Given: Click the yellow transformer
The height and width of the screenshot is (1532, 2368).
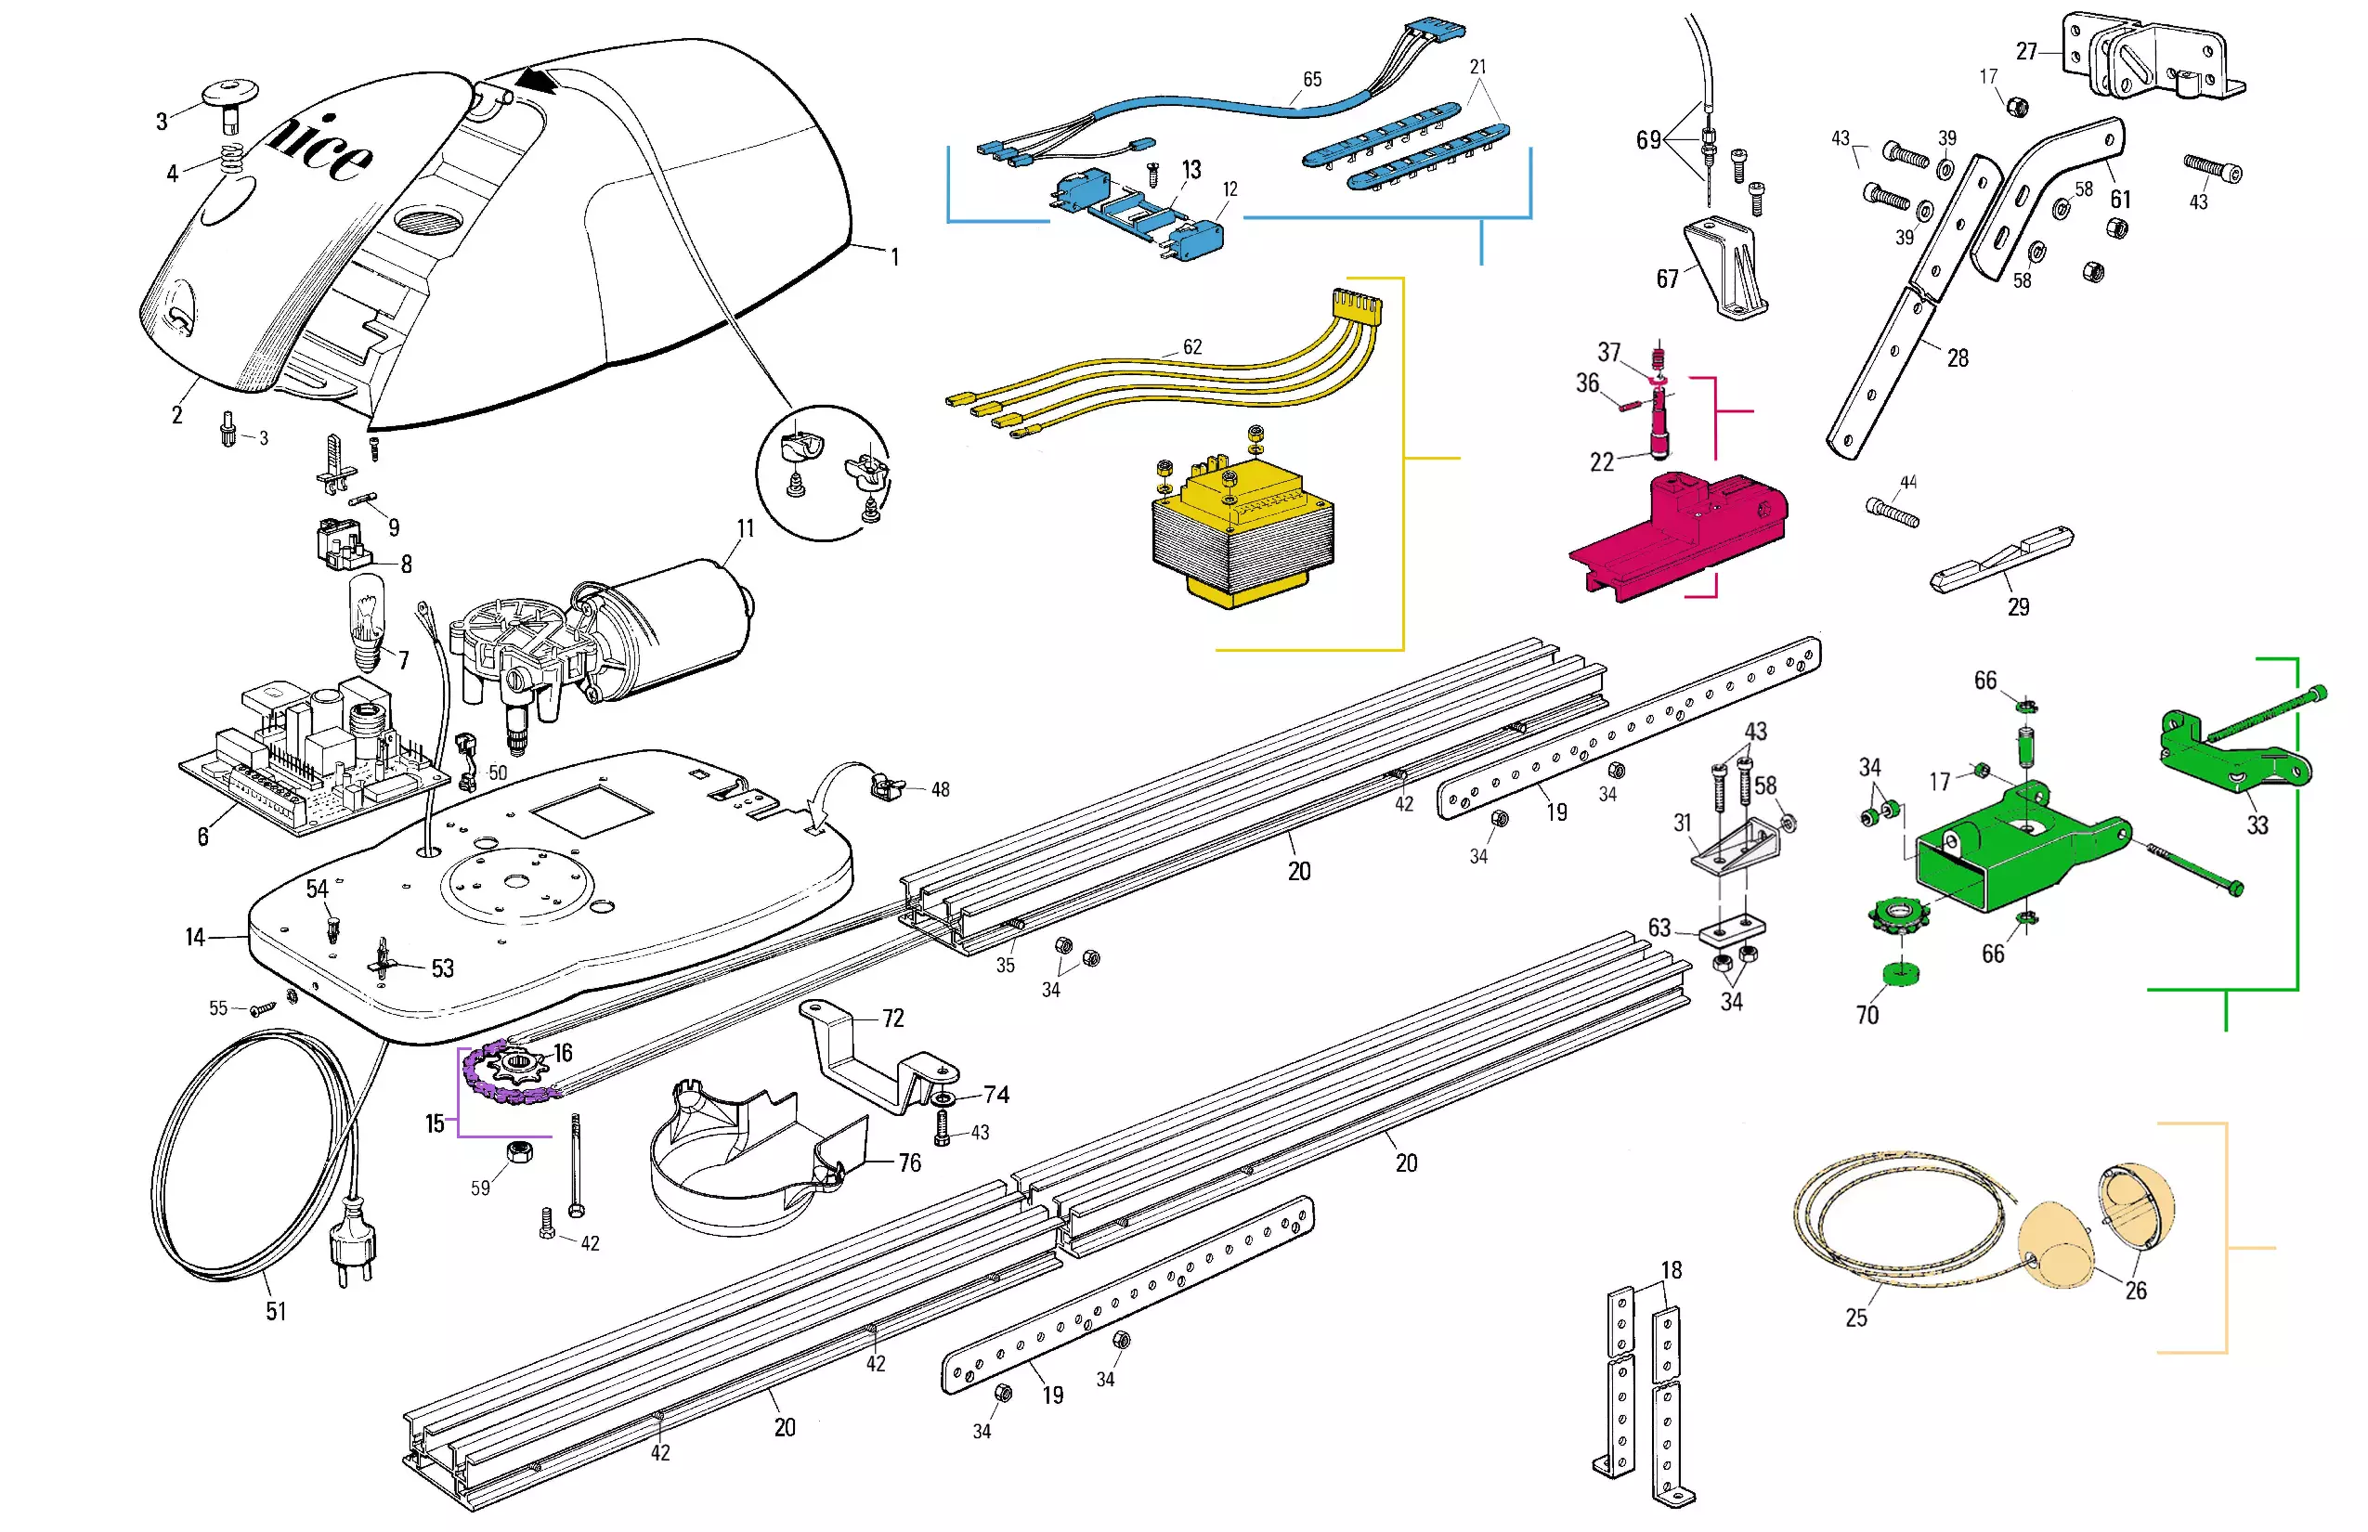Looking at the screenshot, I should click(1242, 532).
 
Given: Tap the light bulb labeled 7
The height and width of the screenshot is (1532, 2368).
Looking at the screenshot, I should click(367, 622).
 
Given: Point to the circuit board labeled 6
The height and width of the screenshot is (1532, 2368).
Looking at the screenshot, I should click(308, 756).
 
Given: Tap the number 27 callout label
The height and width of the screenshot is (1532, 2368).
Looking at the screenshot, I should click(2026, 52).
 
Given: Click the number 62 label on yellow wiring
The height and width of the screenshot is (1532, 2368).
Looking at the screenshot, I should click(1192, 347).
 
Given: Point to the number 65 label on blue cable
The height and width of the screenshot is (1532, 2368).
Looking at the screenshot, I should click(1312, 80).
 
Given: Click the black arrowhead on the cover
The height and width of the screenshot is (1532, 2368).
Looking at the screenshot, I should click(539, 80).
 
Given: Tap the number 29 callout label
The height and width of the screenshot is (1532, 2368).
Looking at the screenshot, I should click(2018, 607).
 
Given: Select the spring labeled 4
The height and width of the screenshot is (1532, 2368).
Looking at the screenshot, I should click(232, 157).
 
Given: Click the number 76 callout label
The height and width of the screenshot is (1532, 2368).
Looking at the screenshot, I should click(909, 1162).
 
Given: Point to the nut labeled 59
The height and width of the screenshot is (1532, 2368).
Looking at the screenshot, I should click(519, 1152).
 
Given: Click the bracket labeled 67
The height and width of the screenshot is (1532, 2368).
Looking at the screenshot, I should click(1726, 268).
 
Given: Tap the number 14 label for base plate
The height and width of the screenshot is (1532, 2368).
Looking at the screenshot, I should click(195, 937).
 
